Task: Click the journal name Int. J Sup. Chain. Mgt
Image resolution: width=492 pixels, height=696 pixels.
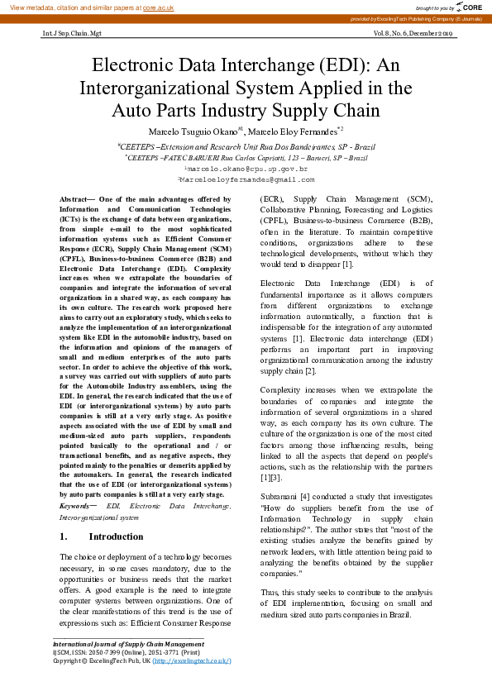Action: tap(72, 34)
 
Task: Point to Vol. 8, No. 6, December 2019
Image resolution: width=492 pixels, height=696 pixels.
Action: tap(413, 34)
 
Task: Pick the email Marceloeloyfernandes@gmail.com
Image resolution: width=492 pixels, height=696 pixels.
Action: tap(246, 179)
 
